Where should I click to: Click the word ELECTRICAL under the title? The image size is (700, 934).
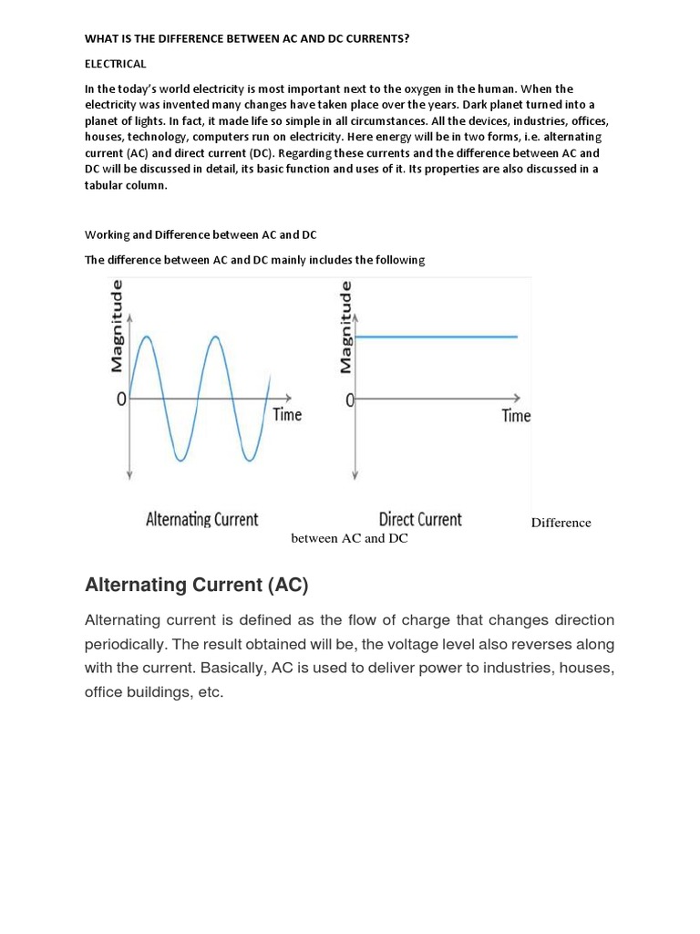click(x=115, y=64)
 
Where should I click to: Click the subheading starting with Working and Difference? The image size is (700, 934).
click(x=201, y=234)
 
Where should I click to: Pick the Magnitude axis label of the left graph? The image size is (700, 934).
click(x=117, y=327)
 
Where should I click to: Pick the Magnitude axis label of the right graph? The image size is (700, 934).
click(x=345, y=327)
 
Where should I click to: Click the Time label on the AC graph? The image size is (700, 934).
click(x=287, y=415)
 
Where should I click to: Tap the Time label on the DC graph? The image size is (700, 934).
click(x=516, y=416)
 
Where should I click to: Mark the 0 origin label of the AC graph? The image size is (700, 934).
click(x=120, y=400)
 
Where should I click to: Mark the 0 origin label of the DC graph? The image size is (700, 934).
click(x=350, y=401)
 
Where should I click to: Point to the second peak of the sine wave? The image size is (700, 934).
click(x=215, y=337)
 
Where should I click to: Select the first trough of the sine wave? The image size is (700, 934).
click(x=180, y=460)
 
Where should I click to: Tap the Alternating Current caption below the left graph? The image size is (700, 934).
click(x=202, y=520)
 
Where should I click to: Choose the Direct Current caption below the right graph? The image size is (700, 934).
click(x=420, y=520)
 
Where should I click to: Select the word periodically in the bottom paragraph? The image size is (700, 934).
click(x=129, y=644)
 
